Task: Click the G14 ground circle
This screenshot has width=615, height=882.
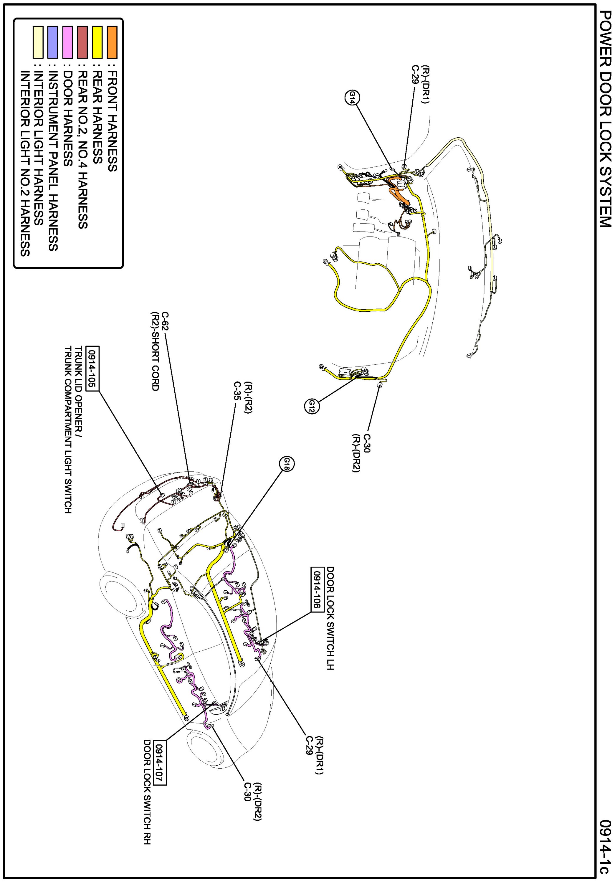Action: pos(352,98)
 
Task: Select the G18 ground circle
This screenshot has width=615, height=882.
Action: pos(287,465)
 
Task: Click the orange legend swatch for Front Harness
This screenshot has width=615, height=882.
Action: pos(112,42)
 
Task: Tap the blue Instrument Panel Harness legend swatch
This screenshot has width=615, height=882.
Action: pos(53,42)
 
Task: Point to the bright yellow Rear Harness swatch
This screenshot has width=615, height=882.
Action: pos(97,42)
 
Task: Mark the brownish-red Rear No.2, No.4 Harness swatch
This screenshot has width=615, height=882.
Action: pos(82,42)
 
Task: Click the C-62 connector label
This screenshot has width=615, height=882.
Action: pos(164,321)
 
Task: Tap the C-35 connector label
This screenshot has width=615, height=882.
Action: pos(237,391)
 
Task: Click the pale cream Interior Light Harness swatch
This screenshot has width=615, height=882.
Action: pos(38,42)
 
